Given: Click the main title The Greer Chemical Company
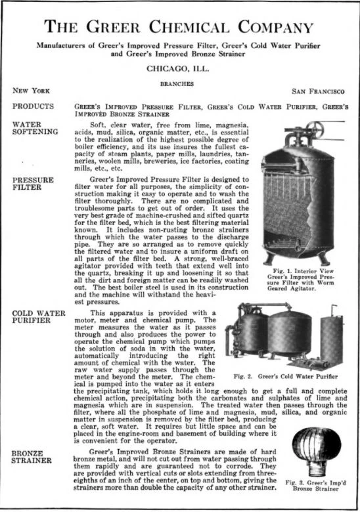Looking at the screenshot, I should [x=179, y=27].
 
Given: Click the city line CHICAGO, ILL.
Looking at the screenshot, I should [x=179, y=68].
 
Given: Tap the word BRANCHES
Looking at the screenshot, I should [x=179, y=83].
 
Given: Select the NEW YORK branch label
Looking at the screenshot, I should [x=32, y=90].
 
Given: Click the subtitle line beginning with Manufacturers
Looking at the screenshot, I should [x=179, y=49].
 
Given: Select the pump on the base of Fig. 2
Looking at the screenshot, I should [x=309, y=360].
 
